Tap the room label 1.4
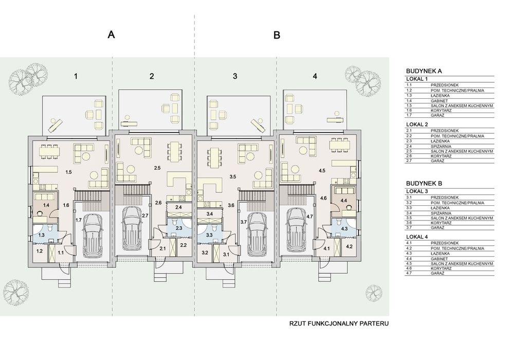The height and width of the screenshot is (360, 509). pos(46,205)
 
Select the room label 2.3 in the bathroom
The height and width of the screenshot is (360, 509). pos(178,228)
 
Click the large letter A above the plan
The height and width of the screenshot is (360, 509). pos(112,34)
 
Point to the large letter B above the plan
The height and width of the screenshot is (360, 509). pos(277,35)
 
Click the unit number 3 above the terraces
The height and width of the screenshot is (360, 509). pos(235,76)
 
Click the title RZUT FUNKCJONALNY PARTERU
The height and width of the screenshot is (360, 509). pos(339,323)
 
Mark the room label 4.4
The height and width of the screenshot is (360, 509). pos(344,201)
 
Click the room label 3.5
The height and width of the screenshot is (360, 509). pos(233,177)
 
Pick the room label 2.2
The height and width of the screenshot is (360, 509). pos(183,245)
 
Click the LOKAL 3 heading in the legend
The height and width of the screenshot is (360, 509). pos(417,191)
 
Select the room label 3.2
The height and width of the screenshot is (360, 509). pos(205,252)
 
